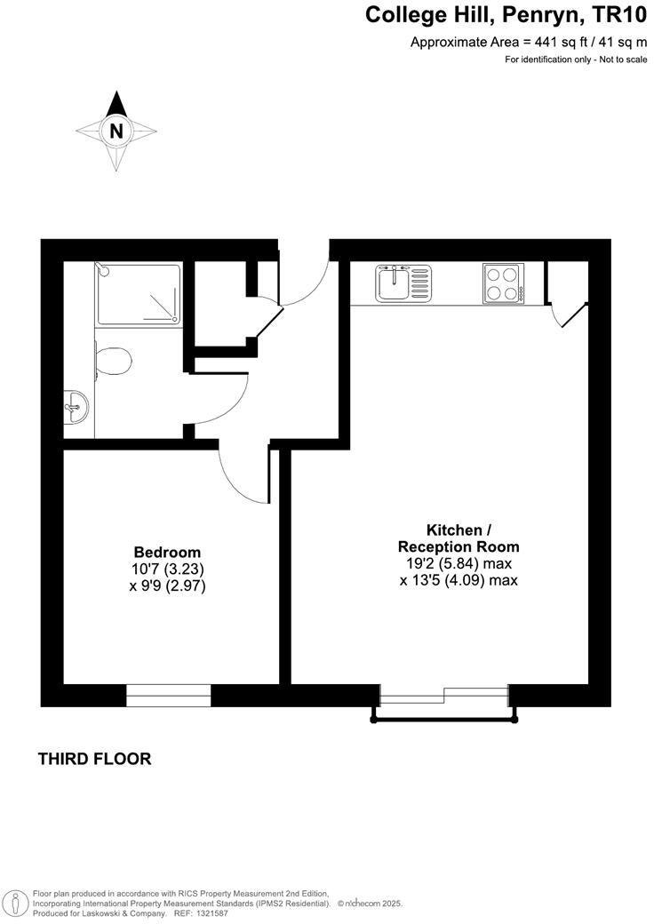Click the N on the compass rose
116,131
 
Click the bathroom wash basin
76,410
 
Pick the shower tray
139,292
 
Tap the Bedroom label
167,552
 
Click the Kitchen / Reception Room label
459,538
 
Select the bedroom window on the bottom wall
169,695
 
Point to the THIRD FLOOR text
94,759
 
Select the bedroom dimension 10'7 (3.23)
168,569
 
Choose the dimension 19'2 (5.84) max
457,563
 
